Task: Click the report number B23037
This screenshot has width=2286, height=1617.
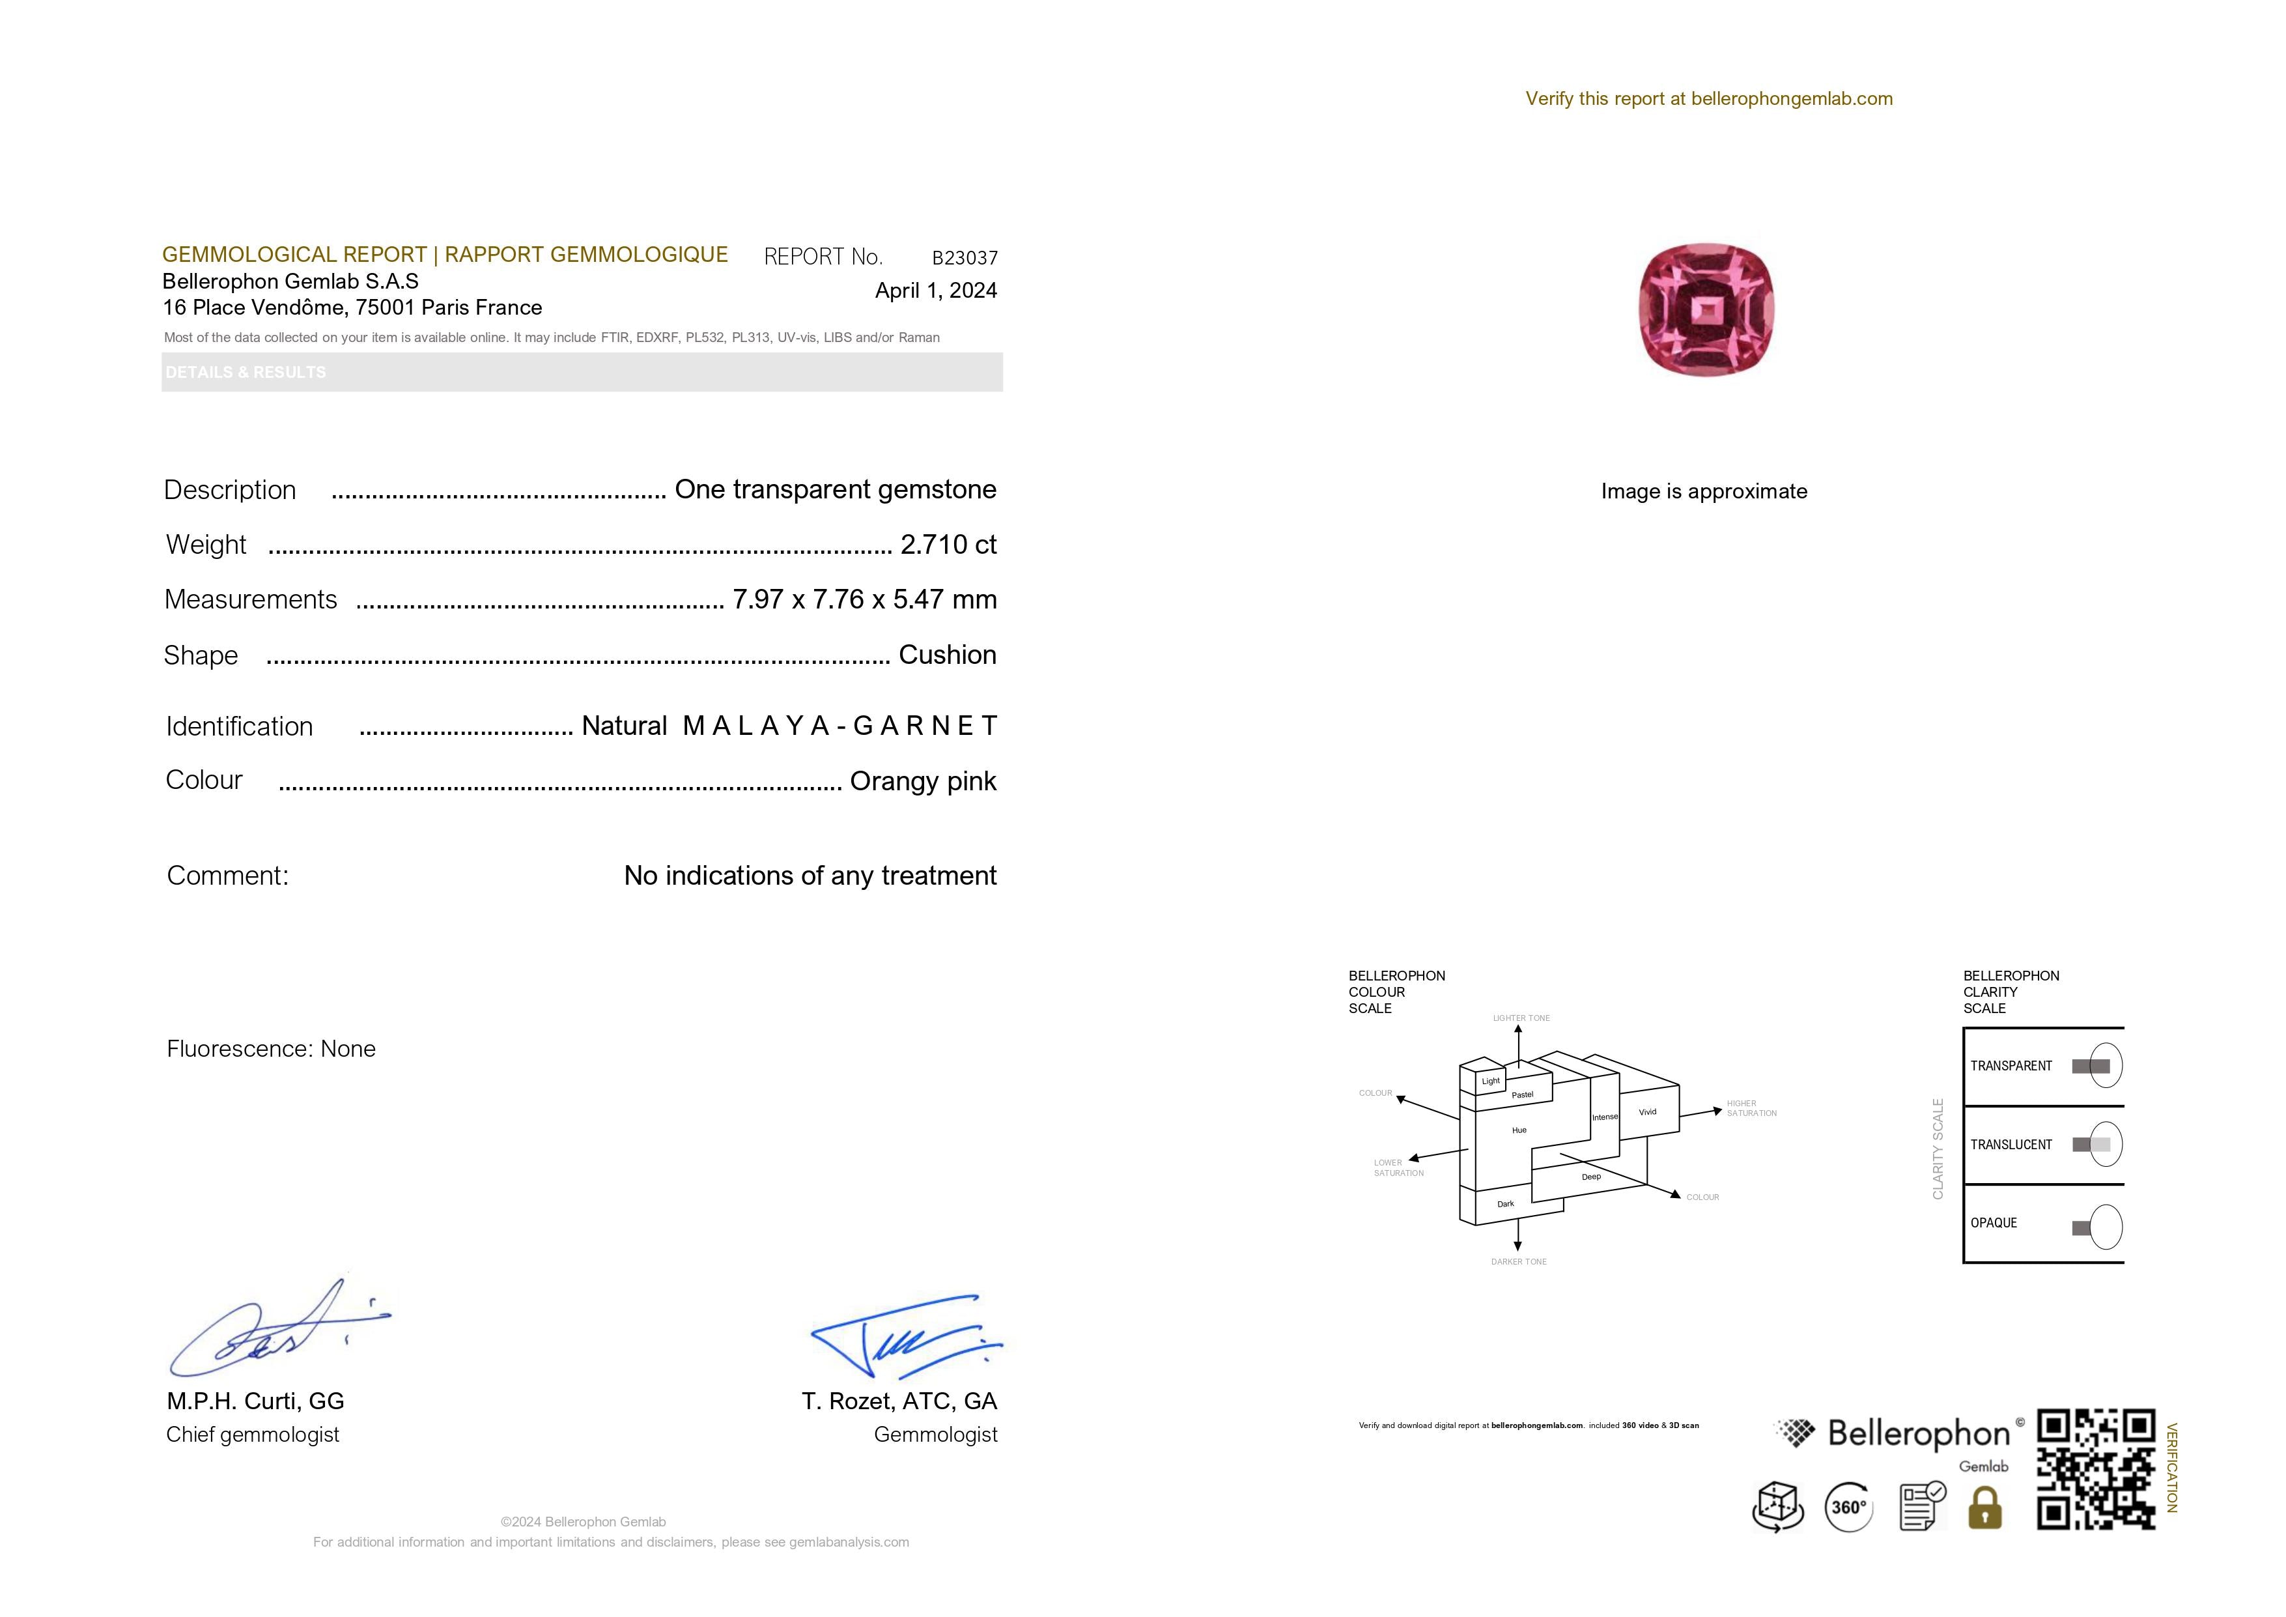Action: pos(964,258)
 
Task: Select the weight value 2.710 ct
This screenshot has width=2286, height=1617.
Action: pos(947,545)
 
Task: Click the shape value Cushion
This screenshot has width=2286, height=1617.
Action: pos(947,655)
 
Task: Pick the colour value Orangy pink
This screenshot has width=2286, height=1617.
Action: pos(922,782)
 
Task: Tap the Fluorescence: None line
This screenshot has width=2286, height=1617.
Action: pos(271,1048)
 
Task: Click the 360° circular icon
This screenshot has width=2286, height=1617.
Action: pos(1848,1508)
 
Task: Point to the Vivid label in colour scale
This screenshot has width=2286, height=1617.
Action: pos(1648,1112)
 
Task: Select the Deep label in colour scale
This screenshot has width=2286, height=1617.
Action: pos(1591,1177)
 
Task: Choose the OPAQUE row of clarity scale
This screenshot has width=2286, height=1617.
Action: pos(2043,1223)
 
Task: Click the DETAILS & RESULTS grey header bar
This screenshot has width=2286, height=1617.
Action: pos(582,373)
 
